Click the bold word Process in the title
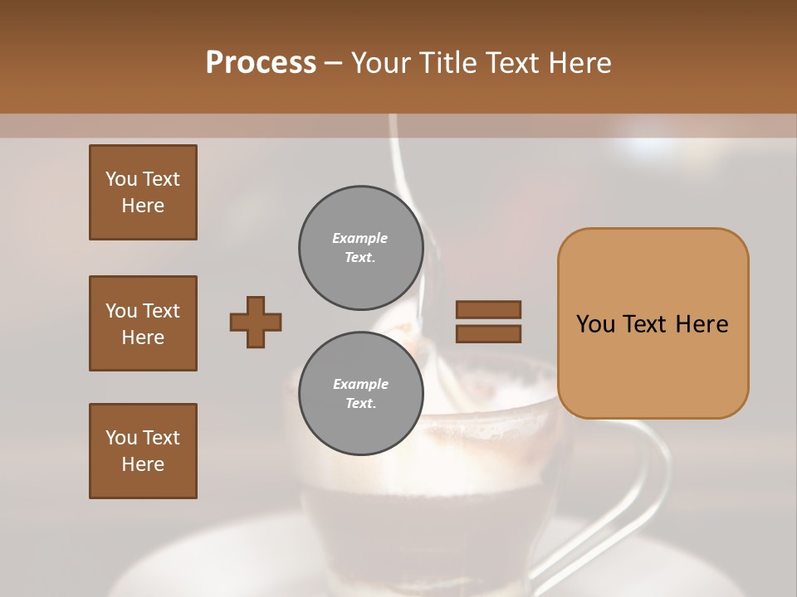pos(261,63)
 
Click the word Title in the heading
pos(448,63)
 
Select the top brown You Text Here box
pos(143,192)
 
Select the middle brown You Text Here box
pos(143,323)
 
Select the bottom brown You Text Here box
pos(143,451)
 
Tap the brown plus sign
pos(256,322)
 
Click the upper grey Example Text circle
pos(360,248)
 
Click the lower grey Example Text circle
pos(360,394)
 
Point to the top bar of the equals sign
pos(488,310)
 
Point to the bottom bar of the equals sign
pos(488,334)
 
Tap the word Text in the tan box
pos(653,324)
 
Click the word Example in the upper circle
pos(360,238)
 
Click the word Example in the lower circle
pos(360,384)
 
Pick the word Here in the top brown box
pos(143,206)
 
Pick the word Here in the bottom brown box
pos(143,464)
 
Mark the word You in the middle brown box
pos(121,311)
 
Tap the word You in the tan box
pos(595,324)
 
